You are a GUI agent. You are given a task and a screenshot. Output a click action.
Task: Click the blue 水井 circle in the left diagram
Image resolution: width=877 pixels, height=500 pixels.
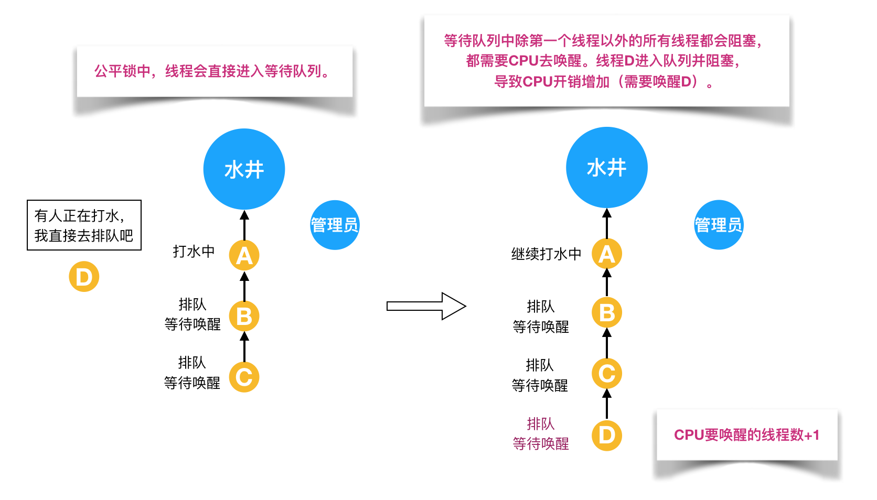(x=244, y=169)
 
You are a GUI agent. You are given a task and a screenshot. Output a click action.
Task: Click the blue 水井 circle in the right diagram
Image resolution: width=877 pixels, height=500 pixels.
(x=606, y=168)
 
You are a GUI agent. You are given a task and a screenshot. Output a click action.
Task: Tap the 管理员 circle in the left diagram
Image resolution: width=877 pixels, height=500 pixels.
(x=335, y=225)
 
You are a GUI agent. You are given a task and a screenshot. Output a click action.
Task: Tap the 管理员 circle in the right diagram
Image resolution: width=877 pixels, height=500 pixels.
(x=718, y=225)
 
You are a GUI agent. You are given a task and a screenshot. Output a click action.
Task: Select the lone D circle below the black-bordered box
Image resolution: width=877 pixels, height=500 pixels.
(x=84, y=277)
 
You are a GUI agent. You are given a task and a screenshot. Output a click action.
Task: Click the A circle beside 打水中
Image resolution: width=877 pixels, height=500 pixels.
(x=244, y=255)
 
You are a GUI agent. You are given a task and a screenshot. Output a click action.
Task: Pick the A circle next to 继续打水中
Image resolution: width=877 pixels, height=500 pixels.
(x=606, y=254)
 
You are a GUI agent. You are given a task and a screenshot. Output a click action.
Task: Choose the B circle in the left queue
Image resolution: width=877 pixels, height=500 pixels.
(x=244, y=316)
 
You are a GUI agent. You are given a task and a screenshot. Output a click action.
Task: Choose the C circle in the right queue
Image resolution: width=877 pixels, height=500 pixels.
(x=606, y=374)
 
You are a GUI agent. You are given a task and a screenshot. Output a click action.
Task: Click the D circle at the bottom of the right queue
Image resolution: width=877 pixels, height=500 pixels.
(x=606, y=435)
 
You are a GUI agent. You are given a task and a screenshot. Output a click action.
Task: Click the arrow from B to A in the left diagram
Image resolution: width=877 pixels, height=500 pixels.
(x=244, y=286)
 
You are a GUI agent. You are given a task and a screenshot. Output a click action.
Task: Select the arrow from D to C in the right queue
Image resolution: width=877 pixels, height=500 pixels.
(x=606, y=404)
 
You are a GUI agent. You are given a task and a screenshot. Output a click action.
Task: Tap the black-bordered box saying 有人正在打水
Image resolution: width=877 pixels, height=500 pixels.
(x=84, y=225)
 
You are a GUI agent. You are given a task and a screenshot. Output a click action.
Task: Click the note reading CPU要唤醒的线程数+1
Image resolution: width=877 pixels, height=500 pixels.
(x=746, y=435)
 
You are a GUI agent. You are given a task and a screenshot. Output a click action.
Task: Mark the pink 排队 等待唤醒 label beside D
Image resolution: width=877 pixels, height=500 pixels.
(x=541, y=434)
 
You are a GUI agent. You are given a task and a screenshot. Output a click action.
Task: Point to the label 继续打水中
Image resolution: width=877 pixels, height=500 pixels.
(x=546, y=254)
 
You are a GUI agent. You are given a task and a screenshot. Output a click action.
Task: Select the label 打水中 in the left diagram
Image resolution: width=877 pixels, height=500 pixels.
(x=194, y=252)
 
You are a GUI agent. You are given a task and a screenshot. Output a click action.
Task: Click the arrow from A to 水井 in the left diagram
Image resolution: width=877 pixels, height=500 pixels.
(x=244, y=225)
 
